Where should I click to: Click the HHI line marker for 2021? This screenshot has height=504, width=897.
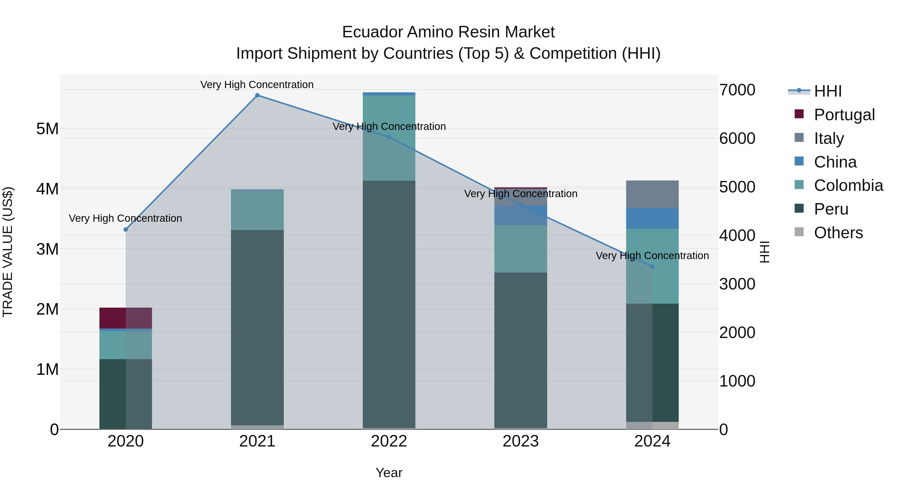click(x=257, y=95)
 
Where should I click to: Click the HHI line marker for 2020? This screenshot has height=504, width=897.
click(x=126, y=229)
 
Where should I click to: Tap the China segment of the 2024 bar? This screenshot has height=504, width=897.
click(x=653, y=218)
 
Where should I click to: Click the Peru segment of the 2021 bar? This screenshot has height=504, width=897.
click(x=257, y=327)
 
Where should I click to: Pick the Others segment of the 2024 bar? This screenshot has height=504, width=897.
click(x=653, y=425)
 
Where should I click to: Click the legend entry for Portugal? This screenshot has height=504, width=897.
click(x=844, y=115)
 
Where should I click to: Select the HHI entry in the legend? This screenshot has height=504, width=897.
click(x=827, y=91)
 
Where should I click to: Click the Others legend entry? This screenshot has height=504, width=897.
click(x=838, y=233)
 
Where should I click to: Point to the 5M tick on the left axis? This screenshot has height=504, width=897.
click(x=47, y=129)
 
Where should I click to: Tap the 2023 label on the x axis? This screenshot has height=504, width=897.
click(x=521, y=441)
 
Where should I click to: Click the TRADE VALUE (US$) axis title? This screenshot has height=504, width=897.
click(x=8, y=252)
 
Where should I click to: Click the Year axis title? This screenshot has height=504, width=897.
click(x=389, y=473)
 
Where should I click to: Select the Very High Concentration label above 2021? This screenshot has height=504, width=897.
click(x=257, y=85)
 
